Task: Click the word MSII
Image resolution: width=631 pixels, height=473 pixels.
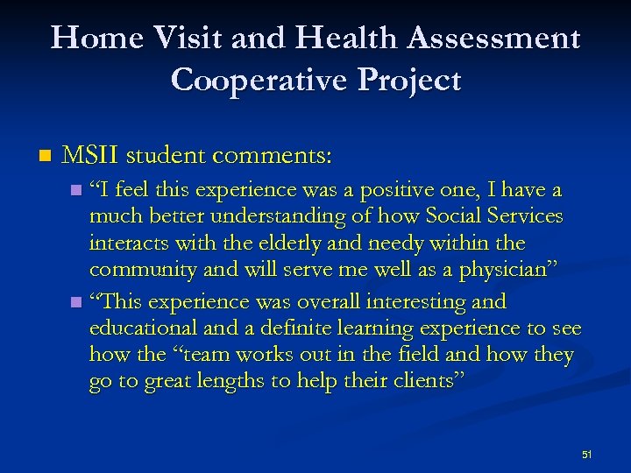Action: coord(89,156)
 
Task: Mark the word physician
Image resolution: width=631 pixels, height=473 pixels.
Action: coord(514,270)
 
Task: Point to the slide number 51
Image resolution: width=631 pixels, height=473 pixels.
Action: coord(586,455)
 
